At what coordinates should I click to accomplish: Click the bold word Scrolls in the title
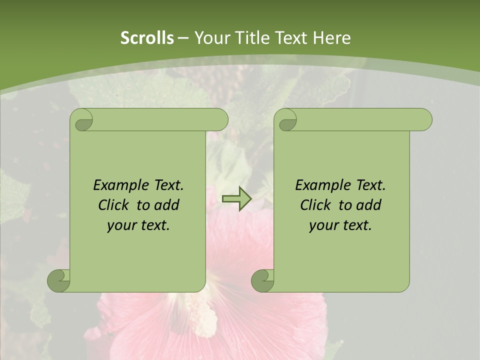click(147, 38)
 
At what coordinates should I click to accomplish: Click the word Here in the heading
click(331, 38)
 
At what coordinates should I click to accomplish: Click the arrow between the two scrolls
click(237, 199)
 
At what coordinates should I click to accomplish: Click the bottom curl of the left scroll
click(59, 280)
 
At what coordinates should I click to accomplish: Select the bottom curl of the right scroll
click(263, 280)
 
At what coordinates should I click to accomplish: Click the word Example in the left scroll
click(119, 185)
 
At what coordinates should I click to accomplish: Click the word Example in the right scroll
click(321, 185)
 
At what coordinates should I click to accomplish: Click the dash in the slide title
click(183, 38)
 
